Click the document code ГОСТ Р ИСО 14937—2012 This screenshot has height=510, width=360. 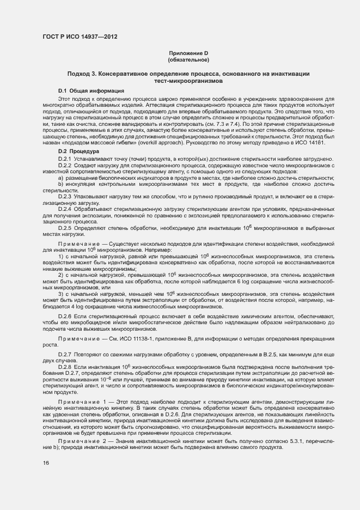click(x=80, y=37)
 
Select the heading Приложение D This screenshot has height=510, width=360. click(x=188, y=53)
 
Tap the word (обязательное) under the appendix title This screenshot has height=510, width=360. click(x=188, y=59)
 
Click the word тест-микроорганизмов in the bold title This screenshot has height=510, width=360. click(x=188, y=80)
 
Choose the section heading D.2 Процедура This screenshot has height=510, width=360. click(x=79, y=151)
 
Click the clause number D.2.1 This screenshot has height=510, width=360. click(x=66, y=158)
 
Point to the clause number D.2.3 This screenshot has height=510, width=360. click(x=66, y=196)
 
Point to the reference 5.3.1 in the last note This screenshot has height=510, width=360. click(x=291, y=440)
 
